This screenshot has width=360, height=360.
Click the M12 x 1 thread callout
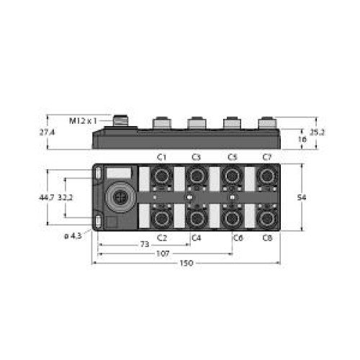[83, 121]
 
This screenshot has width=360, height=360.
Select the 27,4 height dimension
[47, 132]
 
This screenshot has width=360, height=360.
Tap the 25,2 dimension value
[317, 132]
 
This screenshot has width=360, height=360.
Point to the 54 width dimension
[302, 197]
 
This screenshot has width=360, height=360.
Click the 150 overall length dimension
[186, 263]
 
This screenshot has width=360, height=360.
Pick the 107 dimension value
[163, 253]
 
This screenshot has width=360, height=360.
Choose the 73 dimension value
[145, 244]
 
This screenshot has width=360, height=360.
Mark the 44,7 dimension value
[47, 197]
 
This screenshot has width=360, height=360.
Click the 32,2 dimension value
[65, 197]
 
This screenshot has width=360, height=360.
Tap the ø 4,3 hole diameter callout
[73, 236]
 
